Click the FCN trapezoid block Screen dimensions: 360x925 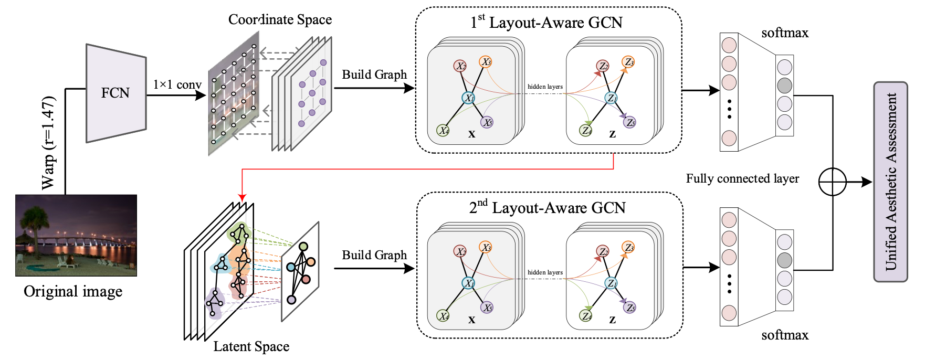pos(115,93)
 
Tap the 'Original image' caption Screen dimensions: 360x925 pos(73,291)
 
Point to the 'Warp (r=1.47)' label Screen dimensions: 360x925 pos(48,143)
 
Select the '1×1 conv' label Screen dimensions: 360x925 pos(177,84)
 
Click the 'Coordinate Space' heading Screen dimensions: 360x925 pos(280,19)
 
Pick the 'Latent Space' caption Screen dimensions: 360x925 pos(251,346)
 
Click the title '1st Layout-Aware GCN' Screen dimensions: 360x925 pos(546,23)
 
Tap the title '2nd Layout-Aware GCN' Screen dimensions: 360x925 pos(547,208)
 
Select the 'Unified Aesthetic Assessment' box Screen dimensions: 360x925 pos(890,182)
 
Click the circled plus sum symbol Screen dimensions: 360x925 pos(833,182)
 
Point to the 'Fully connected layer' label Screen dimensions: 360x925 pos(742,178)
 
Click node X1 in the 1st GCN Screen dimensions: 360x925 pos(468,98)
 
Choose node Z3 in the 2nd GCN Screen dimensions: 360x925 pos(628,247)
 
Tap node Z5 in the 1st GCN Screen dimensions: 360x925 pos(630,122)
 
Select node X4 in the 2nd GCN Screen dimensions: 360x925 pos(444,316)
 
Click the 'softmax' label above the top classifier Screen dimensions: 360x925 pos(785,33)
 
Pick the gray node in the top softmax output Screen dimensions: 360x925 pos(784,85)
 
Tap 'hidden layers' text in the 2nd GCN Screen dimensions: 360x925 pos(545,272)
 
